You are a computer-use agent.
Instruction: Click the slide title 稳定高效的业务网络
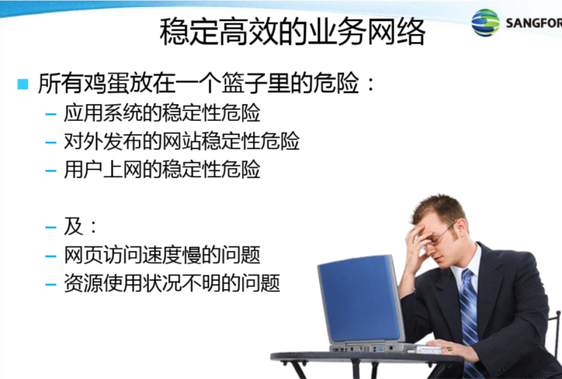[292, 32]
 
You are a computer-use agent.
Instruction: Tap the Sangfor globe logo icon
[485, 23]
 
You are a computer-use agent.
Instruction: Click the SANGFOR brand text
[534, 24]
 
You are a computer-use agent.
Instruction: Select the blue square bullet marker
[22, 84]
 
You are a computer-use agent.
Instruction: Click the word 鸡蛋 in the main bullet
[107, 84]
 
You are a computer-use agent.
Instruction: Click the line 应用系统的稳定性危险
[162, 113]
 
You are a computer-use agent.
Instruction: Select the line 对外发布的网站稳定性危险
[182, 141]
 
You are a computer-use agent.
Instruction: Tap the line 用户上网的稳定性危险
[162, 169]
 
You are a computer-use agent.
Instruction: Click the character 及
[74, 226]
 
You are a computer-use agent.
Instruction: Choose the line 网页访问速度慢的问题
[162, 255]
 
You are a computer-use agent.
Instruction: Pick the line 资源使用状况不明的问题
[172, 283]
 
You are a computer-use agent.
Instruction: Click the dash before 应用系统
[51, 115]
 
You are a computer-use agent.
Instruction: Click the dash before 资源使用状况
[51, 285]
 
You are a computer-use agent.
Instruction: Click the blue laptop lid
[360, 298]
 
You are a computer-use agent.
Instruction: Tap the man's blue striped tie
[469, 319]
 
